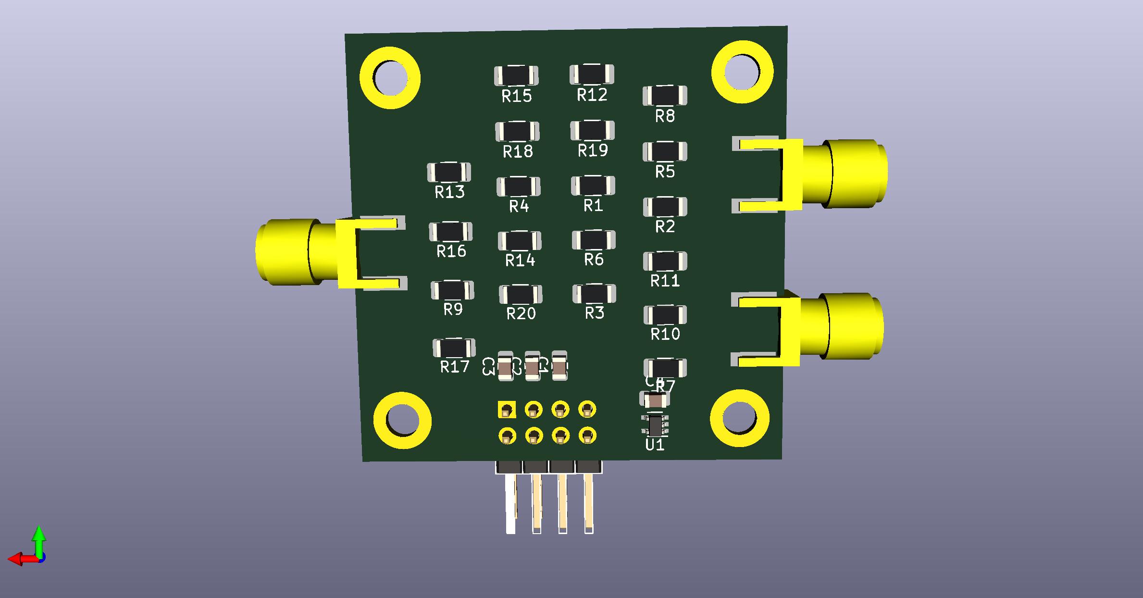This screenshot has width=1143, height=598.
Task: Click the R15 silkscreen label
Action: pyautogui.click(x=517, y=96)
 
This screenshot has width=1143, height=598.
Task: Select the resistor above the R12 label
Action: pyautogui.click(x=592, y=74)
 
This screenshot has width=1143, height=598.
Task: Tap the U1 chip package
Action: pyautogui.click(x=655, y=425)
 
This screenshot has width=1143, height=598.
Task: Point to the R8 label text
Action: pyautogui.click(x=665, y=116)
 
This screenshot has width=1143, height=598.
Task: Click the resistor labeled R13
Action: pyautogui.click(x=449, y=172)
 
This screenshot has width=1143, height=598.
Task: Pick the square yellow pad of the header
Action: pyautogui.click(x=506, y=410)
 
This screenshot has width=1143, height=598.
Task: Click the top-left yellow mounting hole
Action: pyautogui.click(x=390, y=78)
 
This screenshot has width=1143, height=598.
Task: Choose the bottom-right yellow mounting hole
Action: pyautogui.click(x=740, y=418)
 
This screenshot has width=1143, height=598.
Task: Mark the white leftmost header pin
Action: pyautogui.click(x=510, y=505)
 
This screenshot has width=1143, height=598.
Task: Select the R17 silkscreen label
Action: pyautogui.click(x=455, y=367)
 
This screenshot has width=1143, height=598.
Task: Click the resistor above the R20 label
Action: pyautogui.click(x=521, y=294)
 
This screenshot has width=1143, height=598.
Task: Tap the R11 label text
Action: pyautogui.click(x=665, y=281)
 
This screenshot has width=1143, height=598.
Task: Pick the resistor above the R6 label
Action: pyautogui.click(x=594, y=240)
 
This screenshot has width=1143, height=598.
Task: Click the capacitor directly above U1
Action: pyautogui.click(x=655, y=400)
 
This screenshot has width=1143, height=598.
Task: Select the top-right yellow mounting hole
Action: pyautogui.click(x=742, y=72)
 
